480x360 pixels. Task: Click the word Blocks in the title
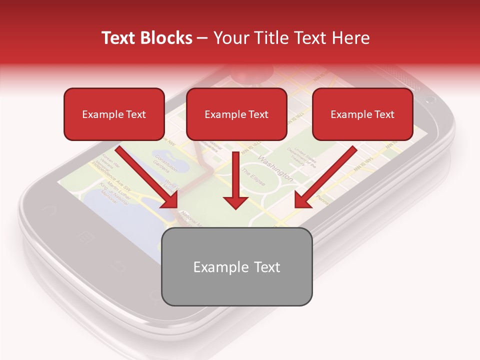167,38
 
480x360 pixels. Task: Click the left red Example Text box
114,114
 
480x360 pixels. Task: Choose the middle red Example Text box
236,114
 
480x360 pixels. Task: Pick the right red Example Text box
362,114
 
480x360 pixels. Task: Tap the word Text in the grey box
266,267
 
